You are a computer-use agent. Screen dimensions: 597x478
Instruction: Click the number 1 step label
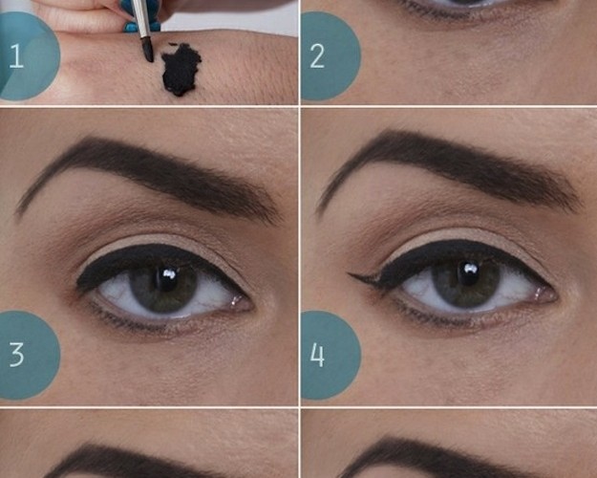[16, 56]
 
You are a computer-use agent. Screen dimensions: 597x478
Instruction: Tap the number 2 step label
[317, 56]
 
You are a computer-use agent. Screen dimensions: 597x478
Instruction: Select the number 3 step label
[16, 355]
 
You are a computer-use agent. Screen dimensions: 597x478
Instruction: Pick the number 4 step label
[317, 355]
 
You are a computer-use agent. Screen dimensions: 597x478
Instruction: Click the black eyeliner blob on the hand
[181, 70]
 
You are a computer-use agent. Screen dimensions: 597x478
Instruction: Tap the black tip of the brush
[148, 50]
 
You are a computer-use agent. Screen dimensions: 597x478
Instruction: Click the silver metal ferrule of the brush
[139, 17]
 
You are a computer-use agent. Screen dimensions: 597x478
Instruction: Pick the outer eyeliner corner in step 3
[79, 284]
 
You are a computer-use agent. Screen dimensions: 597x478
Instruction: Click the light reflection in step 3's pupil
[168, 273]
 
